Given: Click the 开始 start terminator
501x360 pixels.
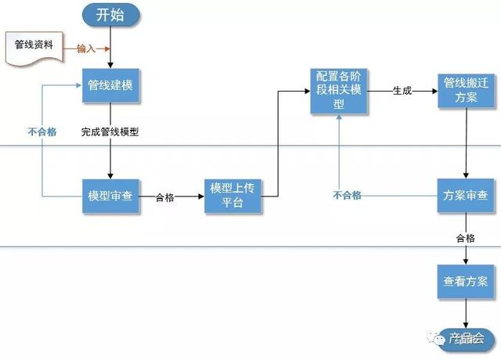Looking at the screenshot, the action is pyautogui.click(x=110, y=15).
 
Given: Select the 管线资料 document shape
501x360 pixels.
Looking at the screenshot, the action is pyautogui.click(x=34, y=48).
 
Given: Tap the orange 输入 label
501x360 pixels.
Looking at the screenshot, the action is pyautogui.click(x=86, y=49).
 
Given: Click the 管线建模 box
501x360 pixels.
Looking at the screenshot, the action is pyautogui.click(x=110, y=85).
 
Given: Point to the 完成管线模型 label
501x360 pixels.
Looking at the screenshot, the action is pyautogui.click(x=110, y=131).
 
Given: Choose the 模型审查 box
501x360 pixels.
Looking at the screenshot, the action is pyautogui.click(x=110, y=196).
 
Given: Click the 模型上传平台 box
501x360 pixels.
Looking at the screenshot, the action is pyautogui.click(x=232, y=196).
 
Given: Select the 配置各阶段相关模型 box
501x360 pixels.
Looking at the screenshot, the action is pyautogui.click(x=339, y=91).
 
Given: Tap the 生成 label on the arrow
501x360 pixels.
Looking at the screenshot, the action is pyautogui.click(x=402, y=91).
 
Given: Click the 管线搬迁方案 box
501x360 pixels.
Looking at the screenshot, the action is pyautogui.click(x=467, y=91).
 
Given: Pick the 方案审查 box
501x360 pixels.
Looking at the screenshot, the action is pyautogui.click(x=466, y=196).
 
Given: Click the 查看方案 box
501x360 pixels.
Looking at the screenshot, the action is pyautogui.click(x=466, y=282).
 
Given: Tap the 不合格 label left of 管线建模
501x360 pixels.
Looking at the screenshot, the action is pyautogui.click(x=42, y=131).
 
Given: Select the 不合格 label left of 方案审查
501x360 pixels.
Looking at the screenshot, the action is pyautogui.click(x=347, y=195).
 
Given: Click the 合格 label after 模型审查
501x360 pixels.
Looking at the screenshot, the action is pyautogui.click(x=165, y=197).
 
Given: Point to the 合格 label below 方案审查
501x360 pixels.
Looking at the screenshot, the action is pyautogui.click(x=466, y=238).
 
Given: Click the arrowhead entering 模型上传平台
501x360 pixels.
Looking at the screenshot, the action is pyautogui.click(x=201, y=196).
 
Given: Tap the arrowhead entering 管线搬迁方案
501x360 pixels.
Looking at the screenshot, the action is pyautogui.click(x=434, y=91).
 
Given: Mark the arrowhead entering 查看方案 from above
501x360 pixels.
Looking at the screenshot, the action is pyautogui.click(x=466, y=261).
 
